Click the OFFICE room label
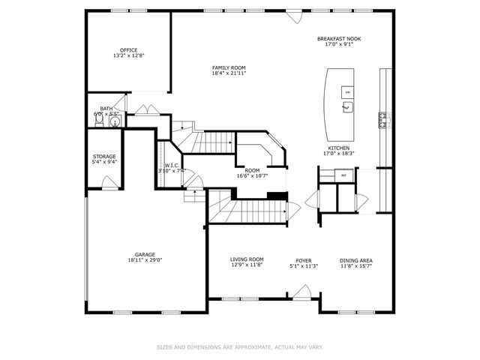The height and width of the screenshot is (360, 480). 129,50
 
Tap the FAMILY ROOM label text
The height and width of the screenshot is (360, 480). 228,68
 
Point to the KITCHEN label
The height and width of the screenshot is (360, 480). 338,148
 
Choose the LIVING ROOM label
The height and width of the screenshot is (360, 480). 247,259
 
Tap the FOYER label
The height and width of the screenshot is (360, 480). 304,259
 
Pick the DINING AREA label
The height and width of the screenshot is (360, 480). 356,259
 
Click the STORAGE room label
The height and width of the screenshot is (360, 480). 104,156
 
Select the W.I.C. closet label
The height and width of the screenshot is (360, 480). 171,166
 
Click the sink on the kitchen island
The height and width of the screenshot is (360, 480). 347,107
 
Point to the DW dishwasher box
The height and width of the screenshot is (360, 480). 347,91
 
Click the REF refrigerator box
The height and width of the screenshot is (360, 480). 344,175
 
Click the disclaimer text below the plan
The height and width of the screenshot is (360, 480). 239,346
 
